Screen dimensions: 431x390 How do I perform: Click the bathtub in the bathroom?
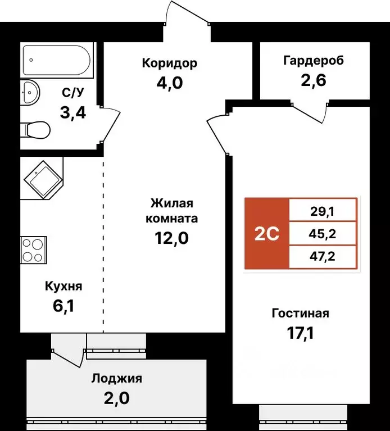tap(56, 61)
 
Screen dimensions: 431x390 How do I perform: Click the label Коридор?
tap(169, 63)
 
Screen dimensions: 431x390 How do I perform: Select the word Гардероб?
tap(314, 60)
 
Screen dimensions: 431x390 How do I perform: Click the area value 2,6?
tap(314, 79)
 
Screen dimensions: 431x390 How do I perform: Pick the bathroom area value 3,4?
tap(73, 112)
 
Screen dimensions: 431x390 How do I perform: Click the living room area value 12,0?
tap(171, 238)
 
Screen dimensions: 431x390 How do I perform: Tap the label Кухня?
tap(64, 287)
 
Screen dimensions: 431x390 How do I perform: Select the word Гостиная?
tap(300, 314)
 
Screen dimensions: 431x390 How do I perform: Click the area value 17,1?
tap(300, 334)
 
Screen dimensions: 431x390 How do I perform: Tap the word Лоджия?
tap(117, 378)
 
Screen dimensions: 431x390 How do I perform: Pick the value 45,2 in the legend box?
tap(323, 233)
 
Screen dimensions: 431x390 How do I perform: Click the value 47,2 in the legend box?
tap(323, 257)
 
